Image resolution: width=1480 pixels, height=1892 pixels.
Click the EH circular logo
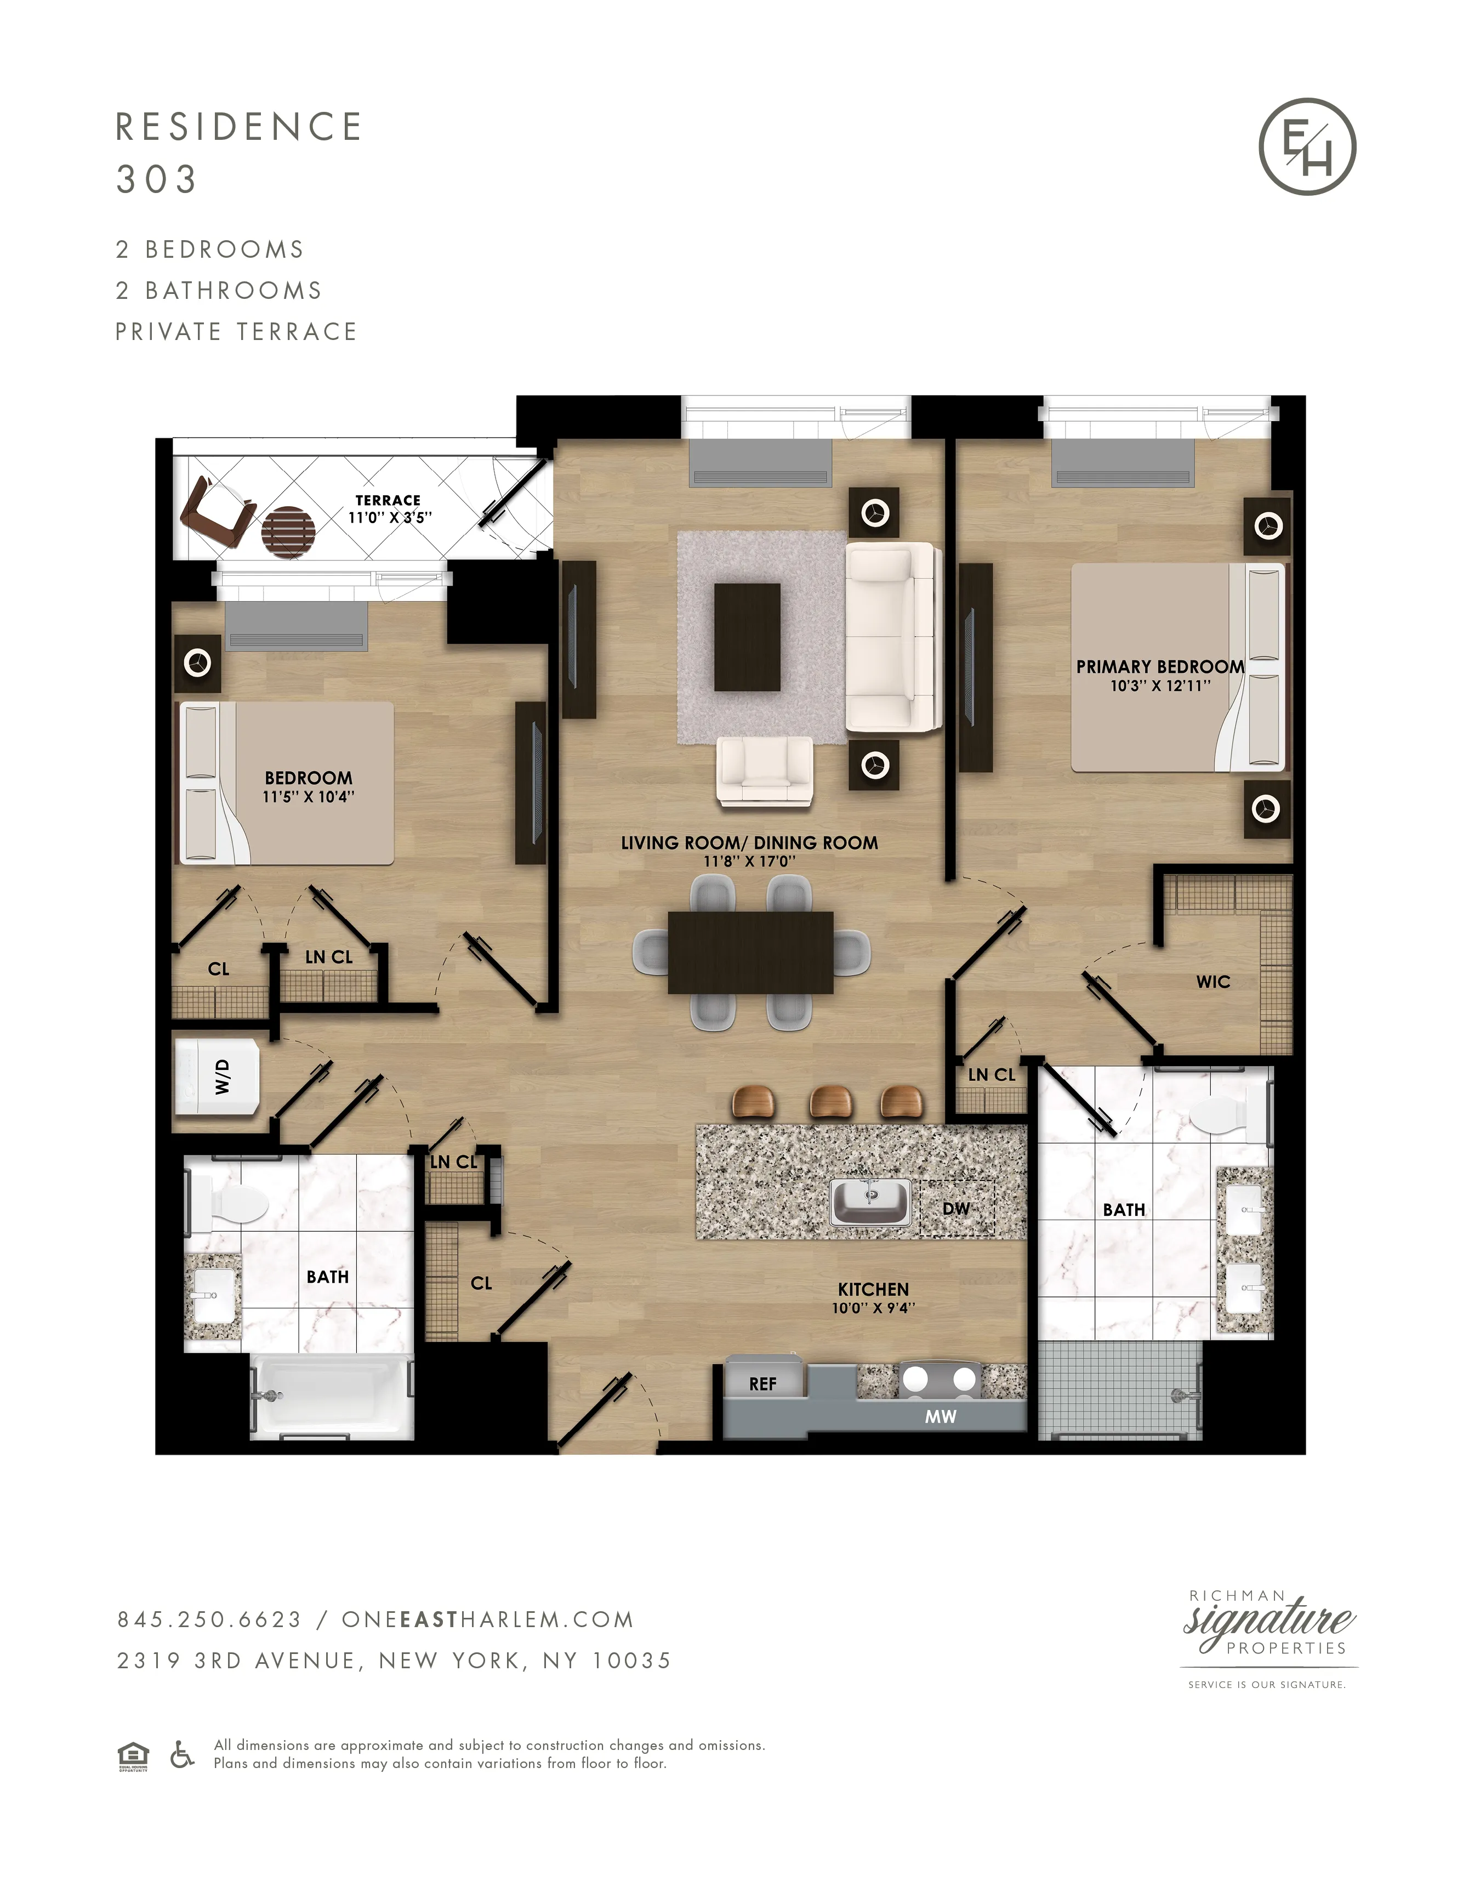[1307, 146]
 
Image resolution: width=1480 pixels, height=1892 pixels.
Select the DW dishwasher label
[956, 1208]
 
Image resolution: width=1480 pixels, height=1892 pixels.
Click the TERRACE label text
[388, 501]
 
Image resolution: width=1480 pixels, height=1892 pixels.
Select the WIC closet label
[1213, 982]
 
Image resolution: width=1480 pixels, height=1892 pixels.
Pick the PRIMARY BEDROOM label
[1159, 666]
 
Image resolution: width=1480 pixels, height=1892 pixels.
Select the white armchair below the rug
[764, 769]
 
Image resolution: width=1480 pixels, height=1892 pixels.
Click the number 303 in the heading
[157, 179]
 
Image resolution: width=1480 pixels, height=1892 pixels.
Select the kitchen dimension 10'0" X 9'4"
[873, 1308]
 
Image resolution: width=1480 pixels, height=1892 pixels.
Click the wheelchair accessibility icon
[182, 1754]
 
